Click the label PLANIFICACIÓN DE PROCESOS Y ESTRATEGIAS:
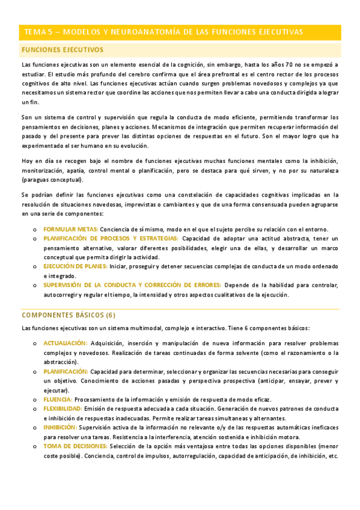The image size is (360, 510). (x=111, y=238)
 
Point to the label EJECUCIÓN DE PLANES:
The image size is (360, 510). (x=76, y=266)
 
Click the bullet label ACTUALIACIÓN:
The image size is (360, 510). (x=66, y=343)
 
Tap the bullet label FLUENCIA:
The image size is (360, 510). (x=58, y=399)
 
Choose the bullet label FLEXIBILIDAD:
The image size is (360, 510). (x=65, y=408)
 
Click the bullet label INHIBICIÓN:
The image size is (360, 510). (x=60, y=427)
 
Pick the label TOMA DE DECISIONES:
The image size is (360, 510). (x=75, y=446)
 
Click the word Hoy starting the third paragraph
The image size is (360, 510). (x=27, y=161)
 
